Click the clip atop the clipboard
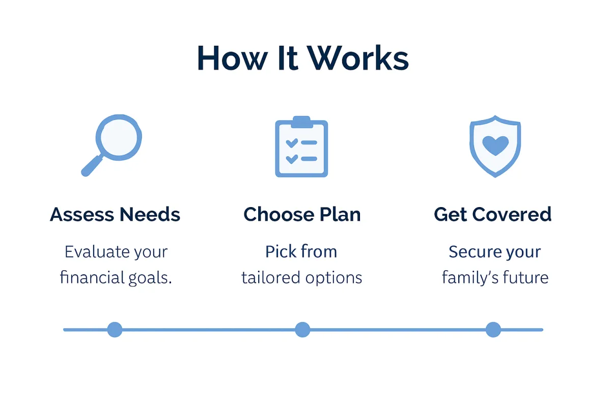pos(301,122)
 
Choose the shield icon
pos(494,146)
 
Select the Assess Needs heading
pos(115,215)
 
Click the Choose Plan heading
pos(302,215)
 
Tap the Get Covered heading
pos(493,215)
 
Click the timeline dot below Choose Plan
pos(302,330)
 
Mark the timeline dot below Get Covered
pos(493,330)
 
